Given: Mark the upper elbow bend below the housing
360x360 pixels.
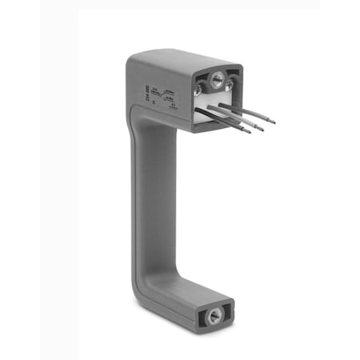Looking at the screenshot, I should tap(144, 128).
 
